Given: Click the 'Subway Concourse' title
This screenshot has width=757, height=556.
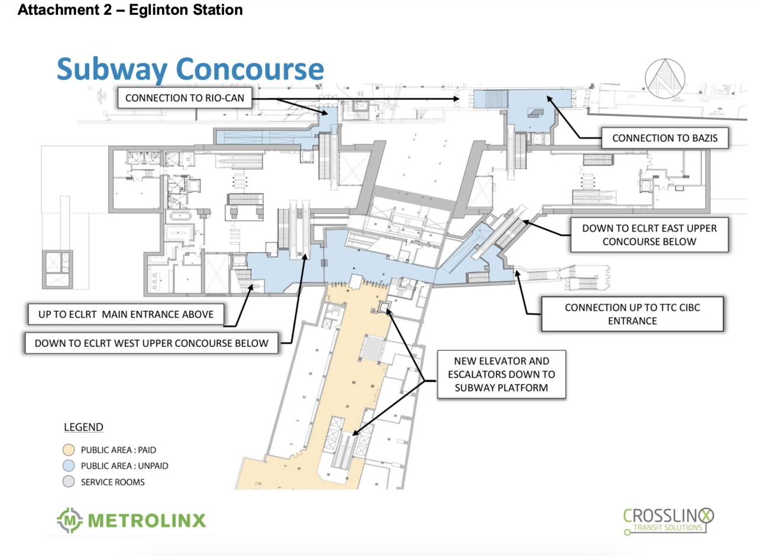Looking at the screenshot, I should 190,69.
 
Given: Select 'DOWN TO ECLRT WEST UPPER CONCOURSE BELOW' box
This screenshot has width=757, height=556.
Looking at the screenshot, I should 151,343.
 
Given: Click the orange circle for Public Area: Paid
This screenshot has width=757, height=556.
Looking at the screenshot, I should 69,449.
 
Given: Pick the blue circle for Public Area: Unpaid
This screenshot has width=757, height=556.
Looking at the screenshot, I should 69,466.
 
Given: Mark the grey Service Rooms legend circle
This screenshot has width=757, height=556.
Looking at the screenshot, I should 69,482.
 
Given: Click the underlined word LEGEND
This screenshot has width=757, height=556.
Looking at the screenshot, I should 83,427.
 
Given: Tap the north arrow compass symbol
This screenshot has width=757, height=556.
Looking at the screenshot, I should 665,77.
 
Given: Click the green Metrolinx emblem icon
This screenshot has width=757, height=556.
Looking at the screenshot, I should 70,521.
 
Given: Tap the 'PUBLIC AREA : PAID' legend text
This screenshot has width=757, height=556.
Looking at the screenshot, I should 118,449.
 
